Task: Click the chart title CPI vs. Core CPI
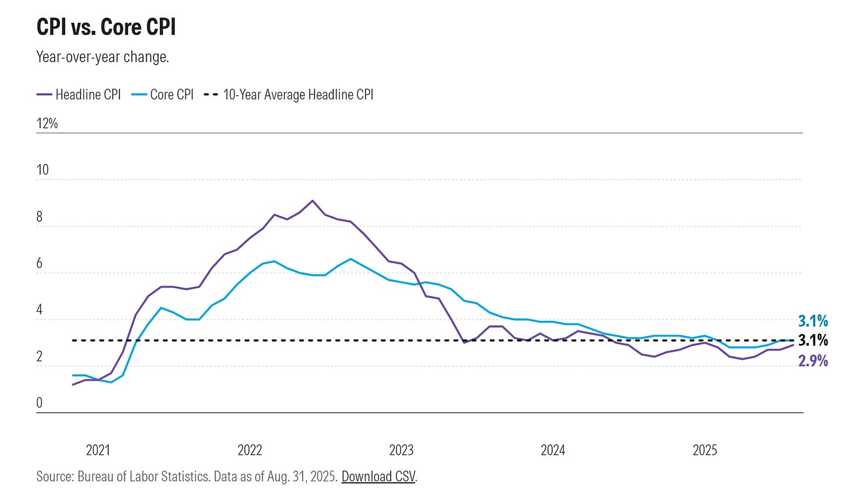[106, 27]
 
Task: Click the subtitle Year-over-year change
[103, 57]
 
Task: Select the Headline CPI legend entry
[79, 94]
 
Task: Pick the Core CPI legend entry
[163, 94]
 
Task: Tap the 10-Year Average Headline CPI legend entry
[290, 94]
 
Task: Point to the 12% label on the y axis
[47, 123]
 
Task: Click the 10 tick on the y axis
[43, 170]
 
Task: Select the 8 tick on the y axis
[40, 217]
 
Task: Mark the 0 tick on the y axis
[40, 403]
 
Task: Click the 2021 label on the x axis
[98, 450]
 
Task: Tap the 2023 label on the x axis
[401, 450]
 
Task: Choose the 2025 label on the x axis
[704, 450]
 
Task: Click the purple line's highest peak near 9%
[313, 201]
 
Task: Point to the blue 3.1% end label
[813, 321]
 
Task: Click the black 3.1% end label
[813, 341]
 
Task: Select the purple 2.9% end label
[813, 361]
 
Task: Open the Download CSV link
[378, 476]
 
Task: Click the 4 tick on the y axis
[40, 310]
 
